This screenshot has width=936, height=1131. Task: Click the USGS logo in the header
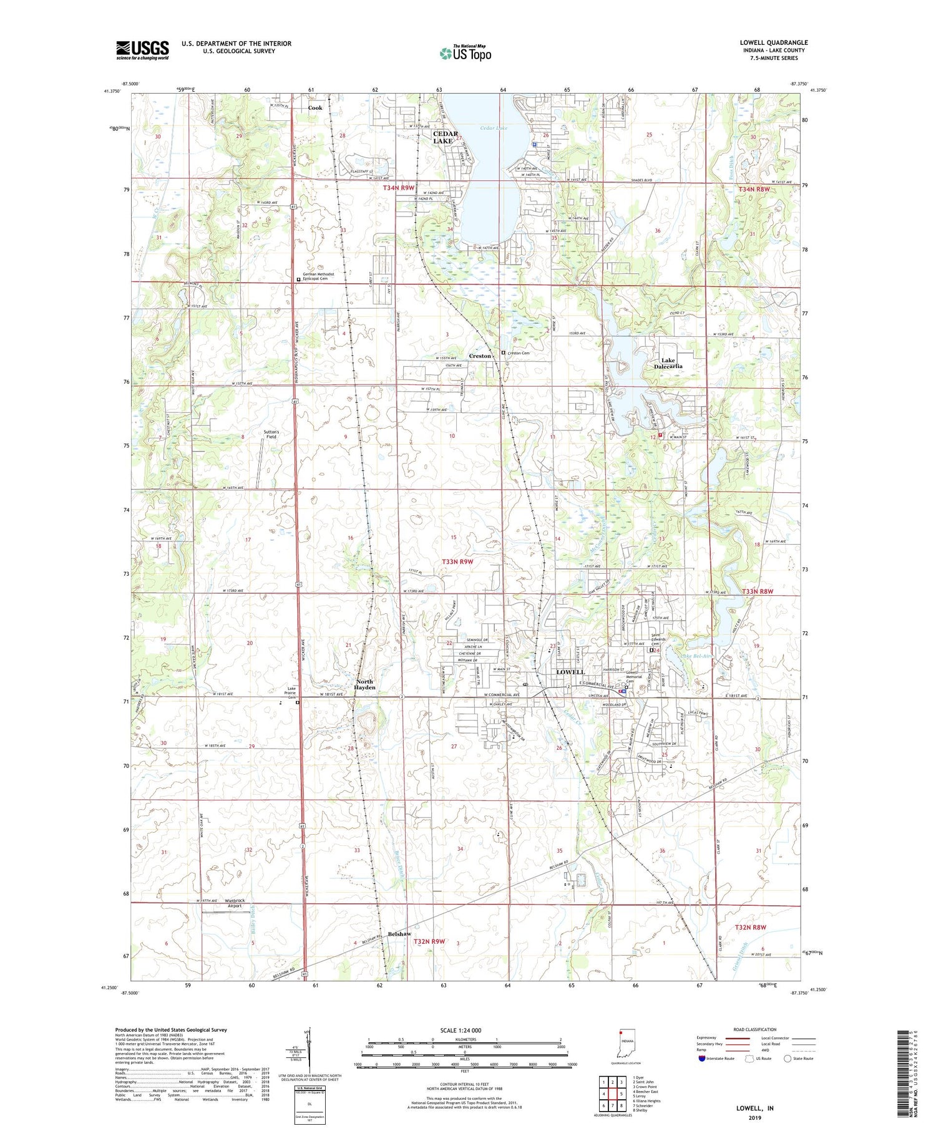coord(142,50)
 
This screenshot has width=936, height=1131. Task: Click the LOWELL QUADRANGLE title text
coord(773,42)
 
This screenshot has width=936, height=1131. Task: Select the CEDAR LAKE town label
coord(446,137)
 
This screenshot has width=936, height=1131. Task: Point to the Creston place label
coord(480,356)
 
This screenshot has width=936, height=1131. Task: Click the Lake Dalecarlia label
coord(668,363)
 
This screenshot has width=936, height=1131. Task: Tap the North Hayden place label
coord(364,684)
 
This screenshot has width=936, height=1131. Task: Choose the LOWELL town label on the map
coord(570,672)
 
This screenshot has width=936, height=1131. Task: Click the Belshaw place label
coord(399,934)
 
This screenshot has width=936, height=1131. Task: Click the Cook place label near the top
coord(315,108)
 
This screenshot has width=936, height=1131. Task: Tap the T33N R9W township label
coord(457,561)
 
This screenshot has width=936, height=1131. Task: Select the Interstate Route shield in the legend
coord(703,1059)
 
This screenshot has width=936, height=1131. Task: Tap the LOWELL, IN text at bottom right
coord(754,1108)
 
